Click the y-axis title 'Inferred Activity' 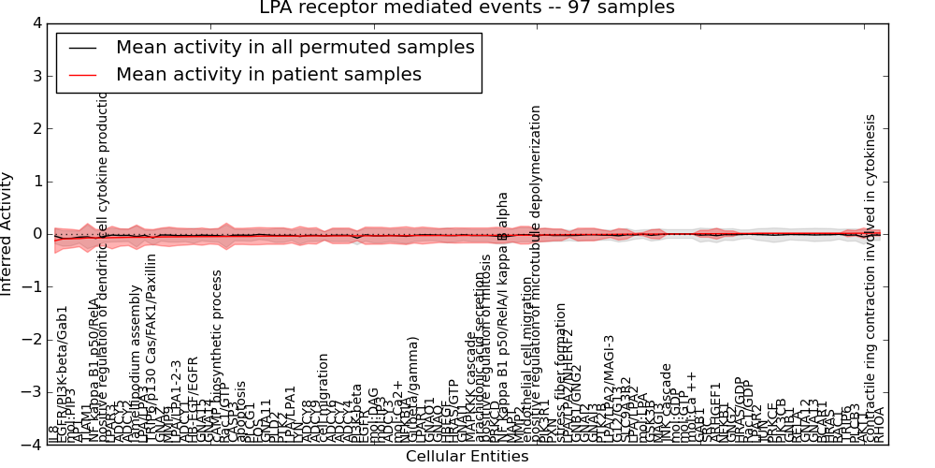pyautogui.click(x=8, y=233)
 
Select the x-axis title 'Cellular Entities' pyautogui.click(x=467, y=457)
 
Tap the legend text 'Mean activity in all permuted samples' pyautogui.click(x=295, y=47)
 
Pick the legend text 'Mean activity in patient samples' pyautogui.click(x=268, y=74)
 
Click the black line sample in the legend pyautogui.click(x=81, y=47)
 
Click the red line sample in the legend pyautogui.click(x=81, y=74)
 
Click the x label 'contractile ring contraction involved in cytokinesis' pyautogui.click(x=870, y=279)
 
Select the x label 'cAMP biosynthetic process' pyautogui.click(x=217, y=357)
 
